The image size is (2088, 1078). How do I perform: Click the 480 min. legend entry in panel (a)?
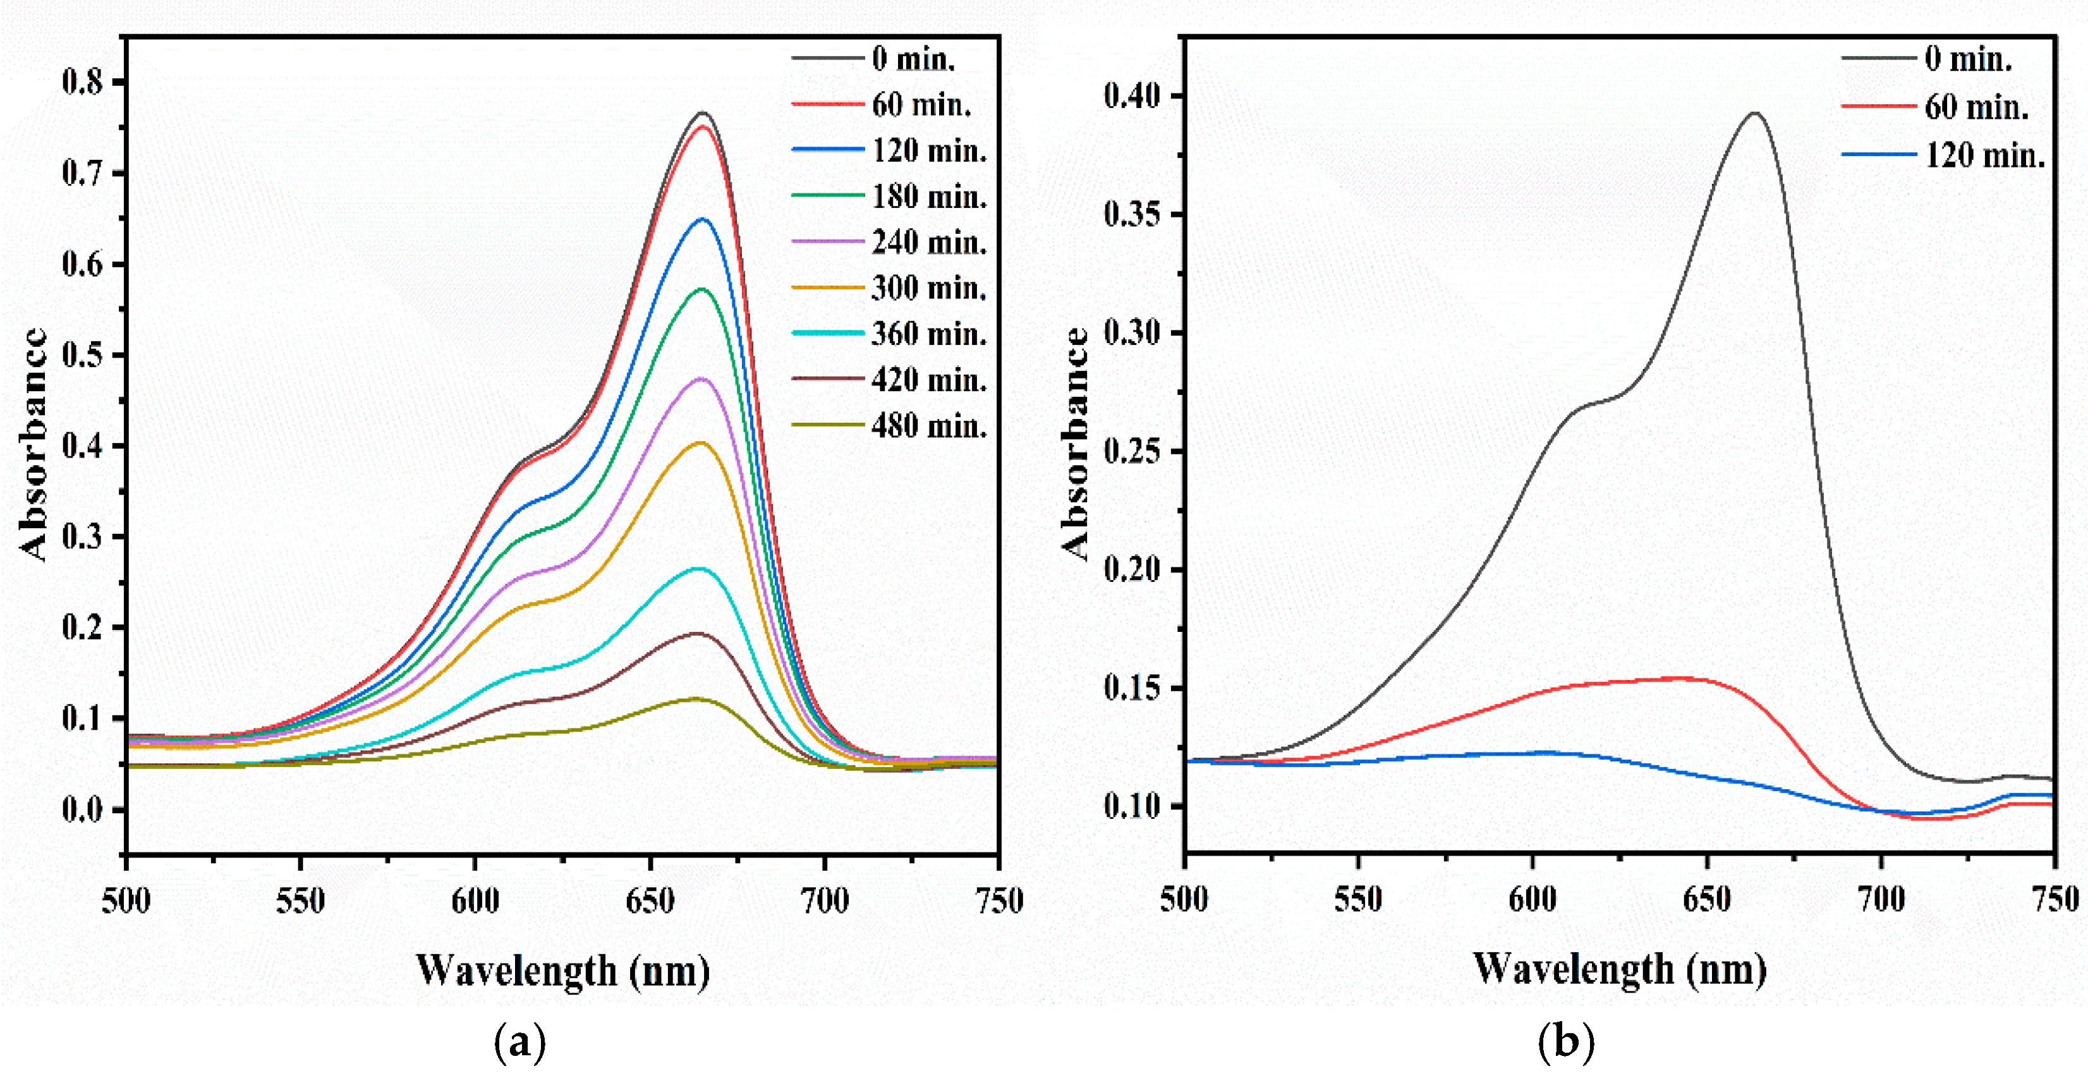[929, 425]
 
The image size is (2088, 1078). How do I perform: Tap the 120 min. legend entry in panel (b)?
[1984, 155]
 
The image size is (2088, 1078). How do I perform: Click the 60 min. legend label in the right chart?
[1976, 107]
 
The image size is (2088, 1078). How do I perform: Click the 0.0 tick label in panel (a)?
[83, 809]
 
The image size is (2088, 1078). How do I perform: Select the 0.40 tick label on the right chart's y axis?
[1132, 95]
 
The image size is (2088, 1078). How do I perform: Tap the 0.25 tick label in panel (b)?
[1132, 451]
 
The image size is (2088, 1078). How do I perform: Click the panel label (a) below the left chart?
[519, 1043]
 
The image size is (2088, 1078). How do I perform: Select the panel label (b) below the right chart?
[1565, 1043]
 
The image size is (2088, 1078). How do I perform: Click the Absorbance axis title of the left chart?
[34, 444]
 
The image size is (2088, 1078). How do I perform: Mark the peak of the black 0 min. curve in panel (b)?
[1755, 114]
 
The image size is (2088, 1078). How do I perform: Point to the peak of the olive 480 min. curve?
[695, 698]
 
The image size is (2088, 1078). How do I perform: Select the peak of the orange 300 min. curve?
[700, 442]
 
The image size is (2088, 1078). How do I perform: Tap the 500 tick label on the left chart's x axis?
[126, 900]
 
